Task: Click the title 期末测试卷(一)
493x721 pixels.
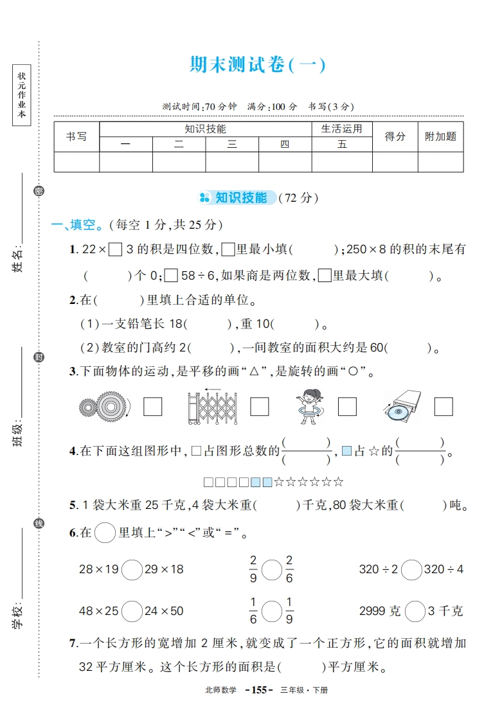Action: [258, 66]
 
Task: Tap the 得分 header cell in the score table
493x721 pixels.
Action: [395, 136]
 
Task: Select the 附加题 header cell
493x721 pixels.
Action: [440, 136]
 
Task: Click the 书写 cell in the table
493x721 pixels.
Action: [76, 136]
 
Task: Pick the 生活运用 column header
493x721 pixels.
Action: [341, 129]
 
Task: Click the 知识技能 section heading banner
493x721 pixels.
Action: [239, 198]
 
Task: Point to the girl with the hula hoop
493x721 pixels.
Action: [309, 407]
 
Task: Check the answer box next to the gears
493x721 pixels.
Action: [152, 407]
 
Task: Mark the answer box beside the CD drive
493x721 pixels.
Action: [444, 407]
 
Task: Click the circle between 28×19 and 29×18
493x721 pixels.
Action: [132, 569]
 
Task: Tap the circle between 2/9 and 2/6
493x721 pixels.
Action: [271, 569]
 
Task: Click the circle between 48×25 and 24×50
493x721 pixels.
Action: [132, 610]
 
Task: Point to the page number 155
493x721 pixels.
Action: [258, 690]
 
